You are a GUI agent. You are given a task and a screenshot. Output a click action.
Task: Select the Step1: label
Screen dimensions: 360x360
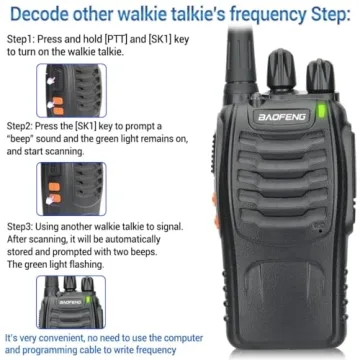(x=21, y=36)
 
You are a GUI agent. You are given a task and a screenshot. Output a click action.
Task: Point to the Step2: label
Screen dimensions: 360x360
(x=21, y=128)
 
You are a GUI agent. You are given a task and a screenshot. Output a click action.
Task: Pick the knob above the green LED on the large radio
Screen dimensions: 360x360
(x=321, y=80)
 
